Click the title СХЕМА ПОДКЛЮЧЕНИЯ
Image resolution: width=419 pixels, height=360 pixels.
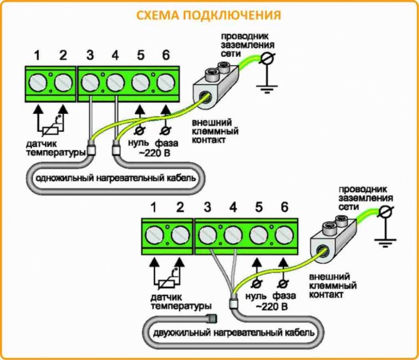tap(209, 14)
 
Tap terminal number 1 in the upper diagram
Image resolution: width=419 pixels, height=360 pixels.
tap(37, 56)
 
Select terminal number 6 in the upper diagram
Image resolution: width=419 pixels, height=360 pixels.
tap(166, 56)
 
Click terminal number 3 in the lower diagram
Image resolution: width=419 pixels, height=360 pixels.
tap(208, 207)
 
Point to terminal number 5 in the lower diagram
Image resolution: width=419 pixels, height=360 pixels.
tap(258, 207)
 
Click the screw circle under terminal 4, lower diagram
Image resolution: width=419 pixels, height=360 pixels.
tap(233, 236)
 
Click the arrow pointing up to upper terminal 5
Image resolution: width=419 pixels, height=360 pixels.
tap(139, 112)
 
